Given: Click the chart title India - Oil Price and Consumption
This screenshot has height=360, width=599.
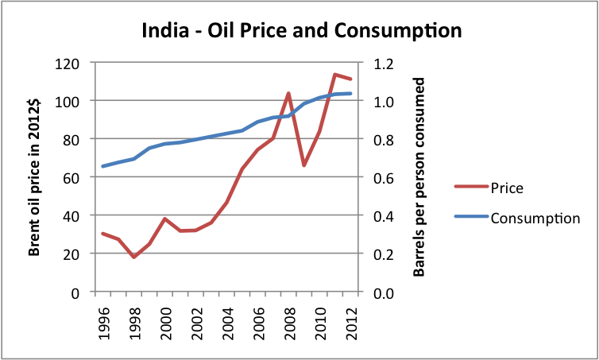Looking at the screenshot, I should click(x=302, y=32).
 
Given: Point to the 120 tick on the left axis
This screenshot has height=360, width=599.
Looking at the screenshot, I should click(x=73, y=64).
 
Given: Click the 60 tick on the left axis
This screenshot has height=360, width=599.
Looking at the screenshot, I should click(x=76, y=177).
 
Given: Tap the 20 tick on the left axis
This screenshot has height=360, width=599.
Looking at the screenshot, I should click(x=76, y=254).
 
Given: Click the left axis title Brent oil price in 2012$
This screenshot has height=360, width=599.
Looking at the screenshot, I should click(x=36, y=178).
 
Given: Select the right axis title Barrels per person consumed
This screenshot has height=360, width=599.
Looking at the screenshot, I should click(x=419, y=178).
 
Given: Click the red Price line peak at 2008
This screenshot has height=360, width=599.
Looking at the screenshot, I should click(x=289, y=94).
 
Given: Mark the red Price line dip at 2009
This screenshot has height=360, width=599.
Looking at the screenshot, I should click(x=304, y=165).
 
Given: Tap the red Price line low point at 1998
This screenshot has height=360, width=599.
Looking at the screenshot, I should click(x=134, y=257).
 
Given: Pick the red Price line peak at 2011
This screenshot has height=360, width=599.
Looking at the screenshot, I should click(x=334, y=75).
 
